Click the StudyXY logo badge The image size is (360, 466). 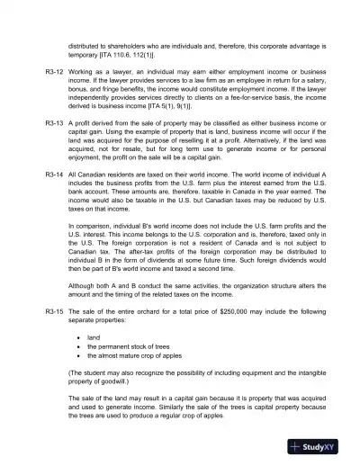321,447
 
